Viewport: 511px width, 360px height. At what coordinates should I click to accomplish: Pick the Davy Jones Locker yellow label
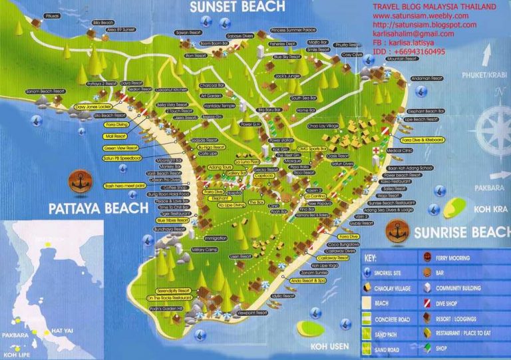tap(92, 106)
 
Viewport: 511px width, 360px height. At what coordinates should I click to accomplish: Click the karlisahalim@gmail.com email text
tap(413, 33)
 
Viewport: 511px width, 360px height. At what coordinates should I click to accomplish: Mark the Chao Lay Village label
tap(324, 125)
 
